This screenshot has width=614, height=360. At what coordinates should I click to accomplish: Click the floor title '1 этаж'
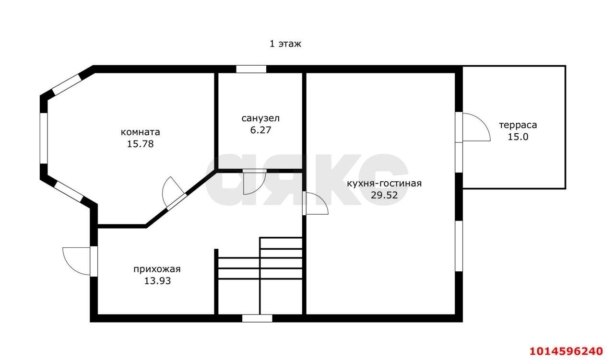(x=285, y=44)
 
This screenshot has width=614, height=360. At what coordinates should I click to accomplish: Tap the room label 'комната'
(x=141, y=132)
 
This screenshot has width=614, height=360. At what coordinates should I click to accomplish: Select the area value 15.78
(x=141, y=144)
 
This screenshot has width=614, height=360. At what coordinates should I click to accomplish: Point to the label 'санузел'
(x=260, y=118)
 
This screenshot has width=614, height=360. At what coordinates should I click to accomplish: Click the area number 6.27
(x=260, y=130)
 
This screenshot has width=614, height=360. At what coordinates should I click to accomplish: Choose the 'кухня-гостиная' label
(x=384, y=183)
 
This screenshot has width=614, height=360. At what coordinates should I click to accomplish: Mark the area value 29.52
(x=384, y=195)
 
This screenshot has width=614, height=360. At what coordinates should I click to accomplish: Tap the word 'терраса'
(x=518, y=125)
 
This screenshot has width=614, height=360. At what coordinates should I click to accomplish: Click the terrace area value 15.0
(x=518, y=137)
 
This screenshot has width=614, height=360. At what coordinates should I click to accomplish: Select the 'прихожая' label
(x=157, y=269)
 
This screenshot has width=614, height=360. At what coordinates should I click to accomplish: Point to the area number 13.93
(x=157, y=281)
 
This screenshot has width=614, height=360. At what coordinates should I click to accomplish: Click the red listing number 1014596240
(x=566, y=351)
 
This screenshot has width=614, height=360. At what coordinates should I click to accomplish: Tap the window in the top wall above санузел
(x=251, y=69)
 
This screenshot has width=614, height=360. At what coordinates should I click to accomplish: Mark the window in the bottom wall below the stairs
(x=257, y=318)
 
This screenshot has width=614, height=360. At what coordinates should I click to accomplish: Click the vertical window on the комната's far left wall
(x=44, y=138)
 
